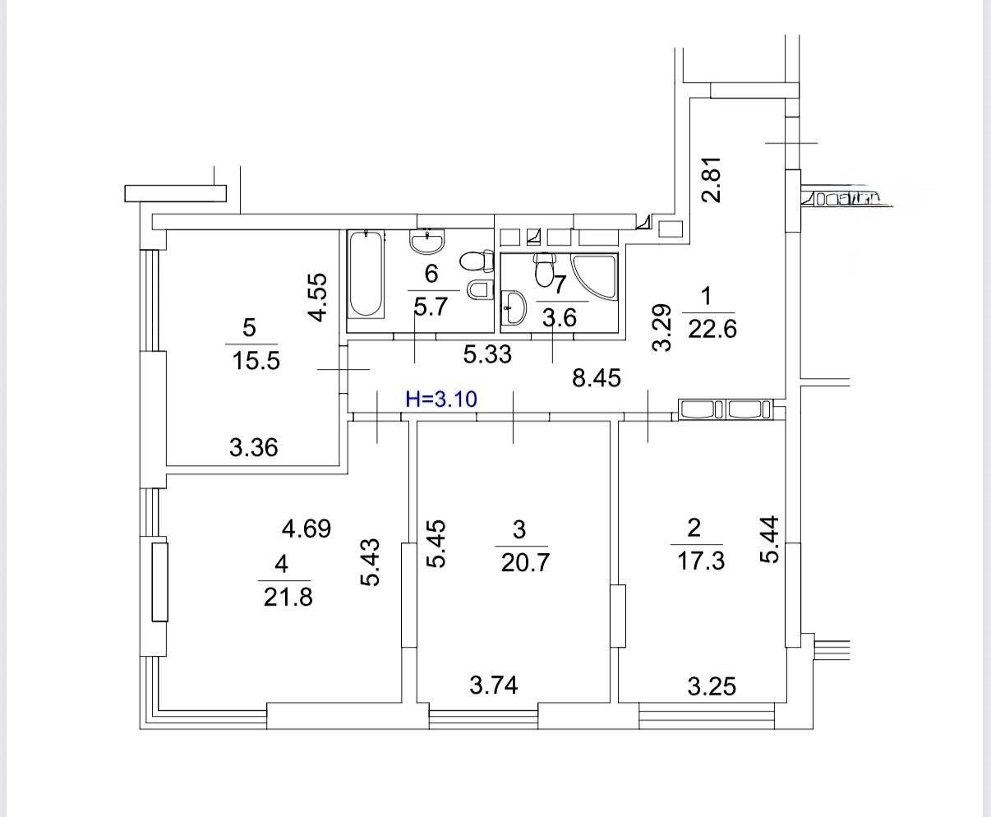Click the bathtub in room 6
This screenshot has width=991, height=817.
pyautogui.click(x=366, y=274)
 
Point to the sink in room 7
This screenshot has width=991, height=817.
pyautogui.click(x=514, y=307)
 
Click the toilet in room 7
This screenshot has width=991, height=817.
pyautogui.click(x=544, y=269)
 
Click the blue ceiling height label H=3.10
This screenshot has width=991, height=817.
pyautogui.click(x=441, y=399)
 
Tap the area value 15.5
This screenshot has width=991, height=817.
pyautogui.click(x=256, y=362)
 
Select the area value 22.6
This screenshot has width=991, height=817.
pyautogui.click(x=712, y=329)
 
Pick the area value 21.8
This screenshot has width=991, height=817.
pyautogui.click(x=288, y=598)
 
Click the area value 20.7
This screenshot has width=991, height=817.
pyautogui.click(x=525, y=563)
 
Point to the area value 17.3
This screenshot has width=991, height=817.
pyautogui.click(x=701, y=561)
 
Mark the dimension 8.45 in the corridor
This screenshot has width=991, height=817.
pyautogui.click(x=597, y=378)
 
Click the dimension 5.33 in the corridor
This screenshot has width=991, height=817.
pyautogui.click(x=487, y=354)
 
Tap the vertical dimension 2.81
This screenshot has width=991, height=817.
pyautogui.click(x=712, y=180)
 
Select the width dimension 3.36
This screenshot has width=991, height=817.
pyautogui.click(x=253, y=448)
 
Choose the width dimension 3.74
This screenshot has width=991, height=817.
pyautogui.click(x=494, y=685)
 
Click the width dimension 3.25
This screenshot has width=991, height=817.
pyautogui.click(x=712, y=686)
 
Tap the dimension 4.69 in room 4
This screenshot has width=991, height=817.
pyautogui.click(x=307, y=529)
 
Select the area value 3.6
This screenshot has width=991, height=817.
pyautogui.click(x=560, y=317)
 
